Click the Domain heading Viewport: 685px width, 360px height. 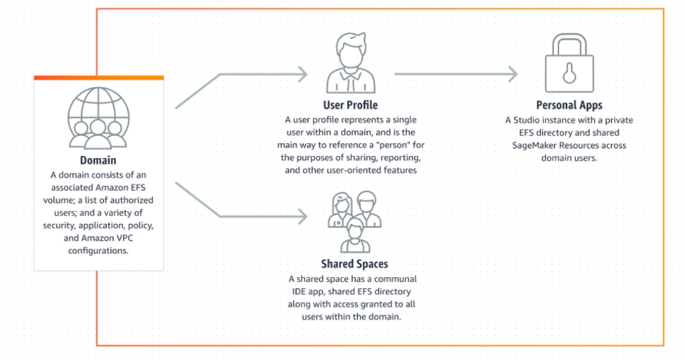coord(98,160)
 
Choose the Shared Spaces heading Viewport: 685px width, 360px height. coord(354,264)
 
